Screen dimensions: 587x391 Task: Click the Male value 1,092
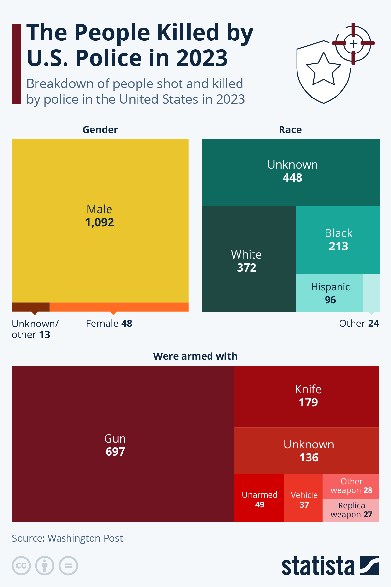coord(99,222)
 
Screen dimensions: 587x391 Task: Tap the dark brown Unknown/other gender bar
coord(30,307)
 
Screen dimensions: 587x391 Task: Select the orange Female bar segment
coord(119,307)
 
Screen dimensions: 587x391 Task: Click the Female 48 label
coord(109,323)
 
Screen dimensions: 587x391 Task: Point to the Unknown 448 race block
coord(290,173)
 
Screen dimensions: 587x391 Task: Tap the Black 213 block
coord(338,240)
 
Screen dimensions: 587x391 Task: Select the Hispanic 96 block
coord(329,293)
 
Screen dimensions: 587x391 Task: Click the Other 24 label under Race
coord(359,323)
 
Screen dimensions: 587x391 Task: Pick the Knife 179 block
coord(307,396)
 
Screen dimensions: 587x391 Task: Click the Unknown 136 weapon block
coord(307,451)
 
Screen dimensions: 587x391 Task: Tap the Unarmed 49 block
coord(259,499)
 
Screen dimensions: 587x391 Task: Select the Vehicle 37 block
coord(304,499)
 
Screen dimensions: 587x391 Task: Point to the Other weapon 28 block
coord(351,486)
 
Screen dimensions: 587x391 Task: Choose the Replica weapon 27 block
coord(351,510)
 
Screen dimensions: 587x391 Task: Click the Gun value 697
coord(115,452)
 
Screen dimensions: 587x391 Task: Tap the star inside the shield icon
coord(323,69)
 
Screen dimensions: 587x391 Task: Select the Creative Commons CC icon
coord(21,565)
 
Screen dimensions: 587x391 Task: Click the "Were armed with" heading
coord(195,356)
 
